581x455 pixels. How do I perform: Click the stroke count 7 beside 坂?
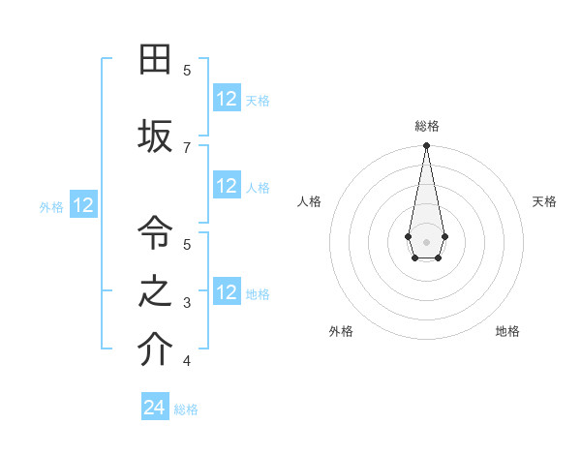click(187, 146)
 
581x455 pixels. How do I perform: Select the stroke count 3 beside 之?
click(187, 303)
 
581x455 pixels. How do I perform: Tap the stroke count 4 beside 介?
click(187, 361)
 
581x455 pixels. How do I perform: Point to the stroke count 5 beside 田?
click(187, 70)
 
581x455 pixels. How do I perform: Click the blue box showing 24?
click(155, 408)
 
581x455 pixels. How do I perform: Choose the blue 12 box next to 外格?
click(83, 205)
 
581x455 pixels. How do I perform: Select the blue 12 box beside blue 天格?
click(227, 99)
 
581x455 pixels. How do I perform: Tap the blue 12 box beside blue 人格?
click(227, 186)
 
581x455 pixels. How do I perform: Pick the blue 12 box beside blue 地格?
click(227, 292)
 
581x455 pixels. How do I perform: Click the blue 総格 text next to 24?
click(186, 409)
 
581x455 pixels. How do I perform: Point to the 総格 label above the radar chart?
click(426, 126)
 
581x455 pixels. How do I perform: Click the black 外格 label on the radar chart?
click(341, 331)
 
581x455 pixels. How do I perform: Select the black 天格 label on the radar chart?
click(544, 201)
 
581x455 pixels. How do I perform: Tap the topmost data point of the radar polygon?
click(426, 146)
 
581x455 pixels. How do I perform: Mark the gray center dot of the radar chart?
click(426, 241)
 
